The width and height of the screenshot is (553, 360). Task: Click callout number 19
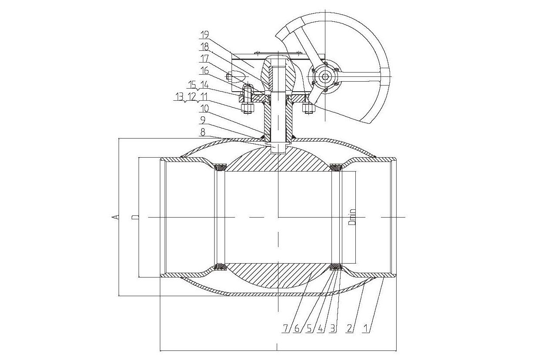(x=205, y=34)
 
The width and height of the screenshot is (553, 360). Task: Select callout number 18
(x=205, y=46)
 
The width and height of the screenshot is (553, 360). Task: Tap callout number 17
(x=205, y=59)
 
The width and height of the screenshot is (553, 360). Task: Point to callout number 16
(x=205, y=71)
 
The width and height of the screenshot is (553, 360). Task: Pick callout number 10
(x=205, y=108)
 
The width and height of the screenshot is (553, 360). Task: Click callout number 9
(x=203, y=120)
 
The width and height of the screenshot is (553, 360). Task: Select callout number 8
(x=203, y=132)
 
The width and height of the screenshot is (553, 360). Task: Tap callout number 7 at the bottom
(x=285, y=328)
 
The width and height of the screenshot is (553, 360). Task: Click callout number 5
(x=309, y=328)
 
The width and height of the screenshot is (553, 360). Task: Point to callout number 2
(x=349, y=328)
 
